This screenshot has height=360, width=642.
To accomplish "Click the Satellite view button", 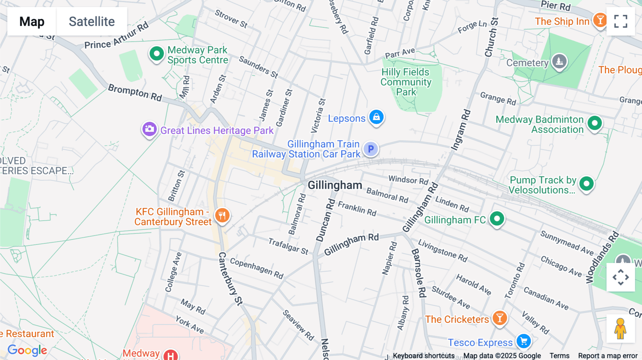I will coord(92,21).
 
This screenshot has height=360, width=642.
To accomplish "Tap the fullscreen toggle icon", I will coord(621,21).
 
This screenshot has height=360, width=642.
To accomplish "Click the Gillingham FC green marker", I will coord(497,218).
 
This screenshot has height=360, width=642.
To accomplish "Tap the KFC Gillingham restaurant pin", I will coord(222,215).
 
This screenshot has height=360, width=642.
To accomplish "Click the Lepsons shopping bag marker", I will coord(376,117).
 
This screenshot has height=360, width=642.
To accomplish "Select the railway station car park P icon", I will coord(371,149).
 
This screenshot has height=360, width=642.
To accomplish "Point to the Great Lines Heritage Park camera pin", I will coord(149,129).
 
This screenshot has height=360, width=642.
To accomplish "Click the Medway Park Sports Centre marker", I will coord(156,54).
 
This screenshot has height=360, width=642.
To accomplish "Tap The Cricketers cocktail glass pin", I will coord(500,318).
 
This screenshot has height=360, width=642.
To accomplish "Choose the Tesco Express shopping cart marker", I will coord(524,341).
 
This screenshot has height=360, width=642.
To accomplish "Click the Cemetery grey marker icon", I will coord(559,61).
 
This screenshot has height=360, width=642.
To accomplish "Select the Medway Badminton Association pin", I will coord(595,123).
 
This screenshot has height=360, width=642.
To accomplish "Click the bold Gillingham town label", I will coord(335,185).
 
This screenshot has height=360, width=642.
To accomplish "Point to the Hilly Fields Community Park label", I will coord(406,82).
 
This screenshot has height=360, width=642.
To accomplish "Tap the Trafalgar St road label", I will coord(288,246).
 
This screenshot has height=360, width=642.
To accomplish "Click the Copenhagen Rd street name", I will coord(256,268).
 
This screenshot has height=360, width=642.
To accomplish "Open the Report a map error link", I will coord(607,356).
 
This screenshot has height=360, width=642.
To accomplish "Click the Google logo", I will coord(27,350).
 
